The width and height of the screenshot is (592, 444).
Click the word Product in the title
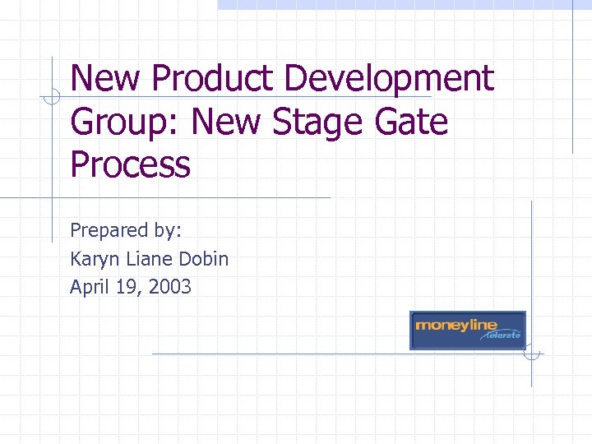tap(212, 80)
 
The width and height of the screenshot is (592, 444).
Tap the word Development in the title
tap(388, 80)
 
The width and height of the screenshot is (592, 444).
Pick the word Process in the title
tap(130, 164)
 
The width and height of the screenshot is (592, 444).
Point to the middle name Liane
tap(149, 259)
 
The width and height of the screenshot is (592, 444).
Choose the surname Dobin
tap(204, 259)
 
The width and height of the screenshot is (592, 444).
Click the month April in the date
tap(90, 288)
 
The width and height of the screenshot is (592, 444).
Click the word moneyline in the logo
tap(456, 325)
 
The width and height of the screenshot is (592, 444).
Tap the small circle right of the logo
tap(532, 354)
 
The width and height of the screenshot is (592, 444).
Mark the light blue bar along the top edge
tap(403, 4)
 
